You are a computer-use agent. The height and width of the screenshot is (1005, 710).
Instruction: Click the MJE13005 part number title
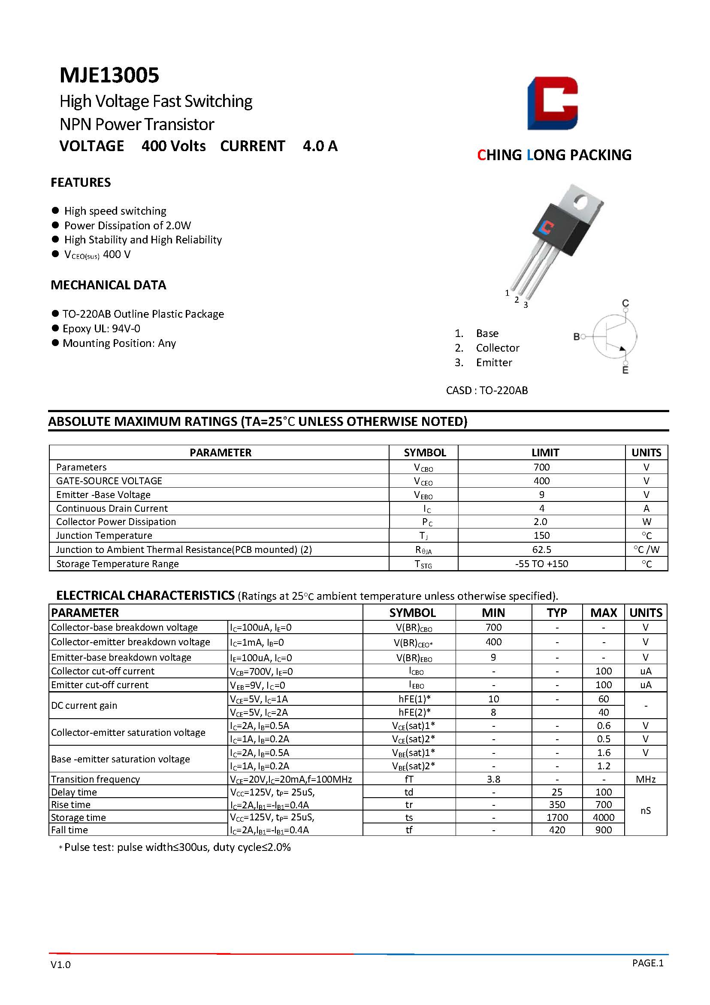[x=109, y=75]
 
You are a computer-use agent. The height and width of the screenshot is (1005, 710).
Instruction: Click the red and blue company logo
[x=553, y=103]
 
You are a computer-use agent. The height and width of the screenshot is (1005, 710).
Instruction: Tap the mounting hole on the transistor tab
[x=581, y=202]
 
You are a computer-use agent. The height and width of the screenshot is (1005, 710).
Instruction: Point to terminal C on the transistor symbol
[x=625, y=304]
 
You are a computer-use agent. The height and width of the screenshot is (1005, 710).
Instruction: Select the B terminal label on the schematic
[x=577, y=337]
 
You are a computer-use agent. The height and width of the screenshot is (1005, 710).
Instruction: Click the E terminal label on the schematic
[x=625, y=370]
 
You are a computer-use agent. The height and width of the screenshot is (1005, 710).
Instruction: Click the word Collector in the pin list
[x=497, y=348]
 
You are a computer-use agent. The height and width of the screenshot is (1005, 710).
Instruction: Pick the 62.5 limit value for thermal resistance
[x=541, y=550]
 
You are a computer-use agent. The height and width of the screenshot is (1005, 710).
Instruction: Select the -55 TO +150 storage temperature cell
[x=541, y=564]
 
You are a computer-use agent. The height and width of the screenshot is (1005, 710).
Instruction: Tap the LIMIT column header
[x=545, y=452]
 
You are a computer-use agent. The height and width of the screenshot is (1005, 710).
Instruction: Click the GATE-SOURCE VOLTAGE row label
[x=109, y=481]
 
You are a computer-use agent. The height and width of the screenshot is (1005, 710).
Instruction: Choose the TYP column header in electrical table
[x=557, y=613]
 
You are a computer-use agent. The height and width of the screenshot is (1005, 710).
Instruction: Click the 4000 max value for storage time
[x=603, y=817]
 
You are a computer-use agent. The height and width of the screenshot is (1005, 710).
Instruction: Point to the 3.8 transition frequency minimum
[x=493, y=779]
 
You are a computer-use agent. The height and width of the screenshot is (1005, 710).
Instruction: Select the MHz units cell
[x=646, y=779]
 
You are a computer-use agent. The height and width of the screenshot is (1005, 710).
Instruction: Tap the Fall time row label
[x=69, y=830]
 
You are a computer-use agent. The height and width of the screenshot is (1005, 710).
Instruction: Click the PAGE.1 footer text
[x=647, y=962]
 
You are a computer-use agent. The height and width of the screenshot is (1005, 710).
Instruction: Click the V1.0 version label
[x=60, y=965]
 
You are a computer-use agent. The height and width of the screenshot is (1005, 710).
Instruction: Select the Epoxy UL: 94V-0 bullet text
[x=102, y=329]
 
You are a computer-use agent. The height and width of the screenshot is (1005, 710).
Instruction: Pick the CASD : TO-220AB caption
[x=487, y=390]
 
